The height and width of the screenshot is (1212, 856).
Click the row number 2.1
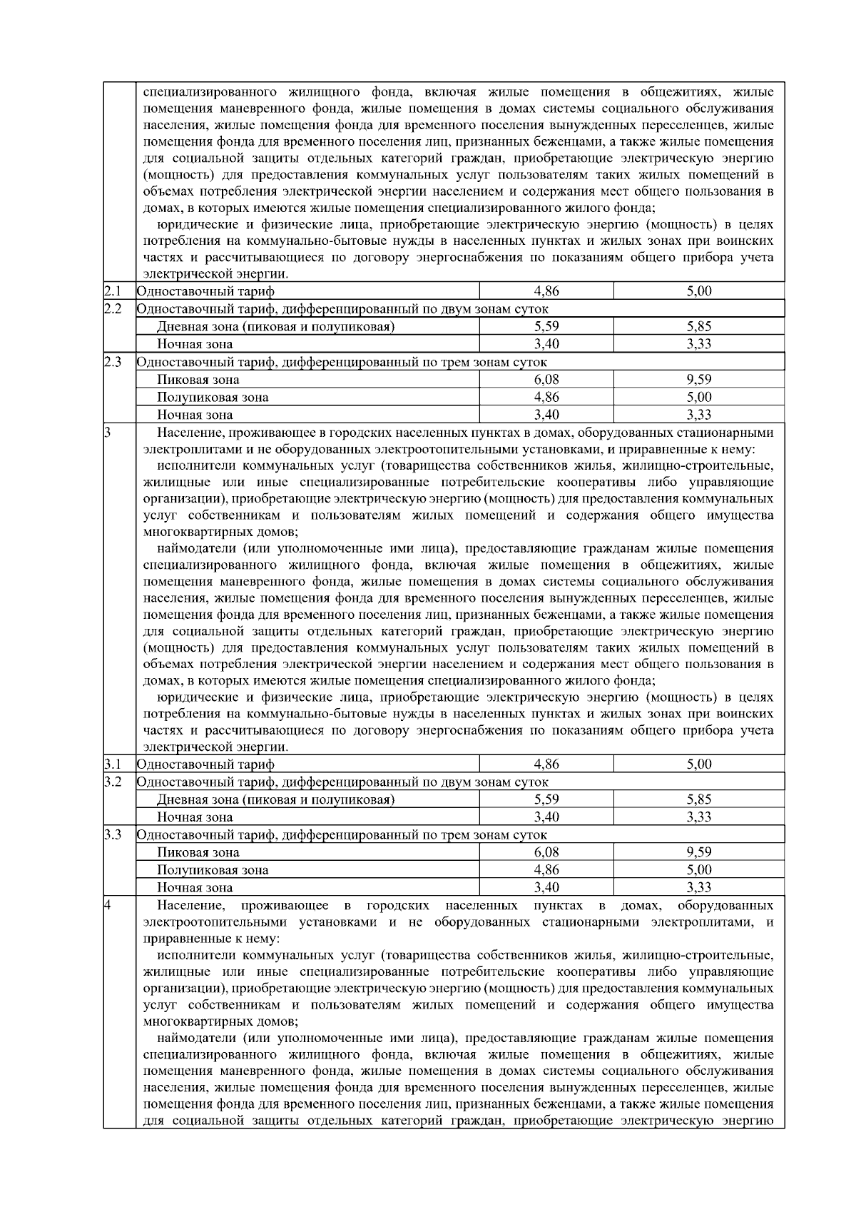tap(112, 291)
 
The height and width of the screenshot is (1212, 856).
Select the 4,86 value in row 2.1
tap(546, 291)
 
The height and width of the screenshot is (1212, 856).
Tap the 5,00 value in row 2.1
tap(699, 291)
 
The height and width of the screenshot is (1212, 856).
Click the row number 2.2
tap(112, 308)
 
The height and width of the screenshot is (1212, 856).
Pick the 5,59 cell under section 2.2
tap(546, 326)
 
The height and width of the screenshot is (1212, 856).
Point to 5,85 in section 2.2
tap(699, 326)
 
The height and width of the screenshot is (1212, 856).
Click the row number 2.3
tap(112, 361)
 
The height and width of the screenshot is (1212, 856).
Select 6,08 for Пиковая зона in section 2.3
tap(546, 379)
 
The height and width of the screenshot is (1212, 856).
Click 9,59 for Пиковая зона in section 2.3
tap(699, 379)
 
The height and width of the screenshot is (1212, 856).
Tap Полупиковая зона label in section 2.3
tap(213, 398)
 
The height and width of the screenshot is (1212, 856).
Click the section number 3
tap(107, 433)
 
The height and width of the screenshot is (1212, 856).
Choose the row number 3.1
tap(112, 764)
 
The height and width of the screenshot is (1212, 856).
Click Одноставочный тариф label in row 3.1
tap(205, 764)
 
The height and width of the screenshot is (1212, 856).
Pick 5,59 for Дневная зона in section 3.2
tap(546, 799)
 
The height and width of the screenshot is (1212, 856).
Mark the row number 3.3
tap(112, 834)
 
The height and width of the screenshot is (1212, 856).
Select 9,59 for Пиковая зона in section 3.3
tap(699, 852)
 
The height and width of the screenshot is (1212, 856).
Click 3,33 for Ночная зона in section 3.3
tap(699, 887)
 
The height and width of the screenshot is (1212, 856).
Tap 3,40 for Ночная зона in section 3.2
tap(546, 817)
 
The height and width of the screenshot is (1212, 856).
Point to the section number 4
tap(107, 906)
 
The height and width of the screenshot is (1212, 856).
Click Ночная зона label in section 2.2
tap(195, 344)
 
